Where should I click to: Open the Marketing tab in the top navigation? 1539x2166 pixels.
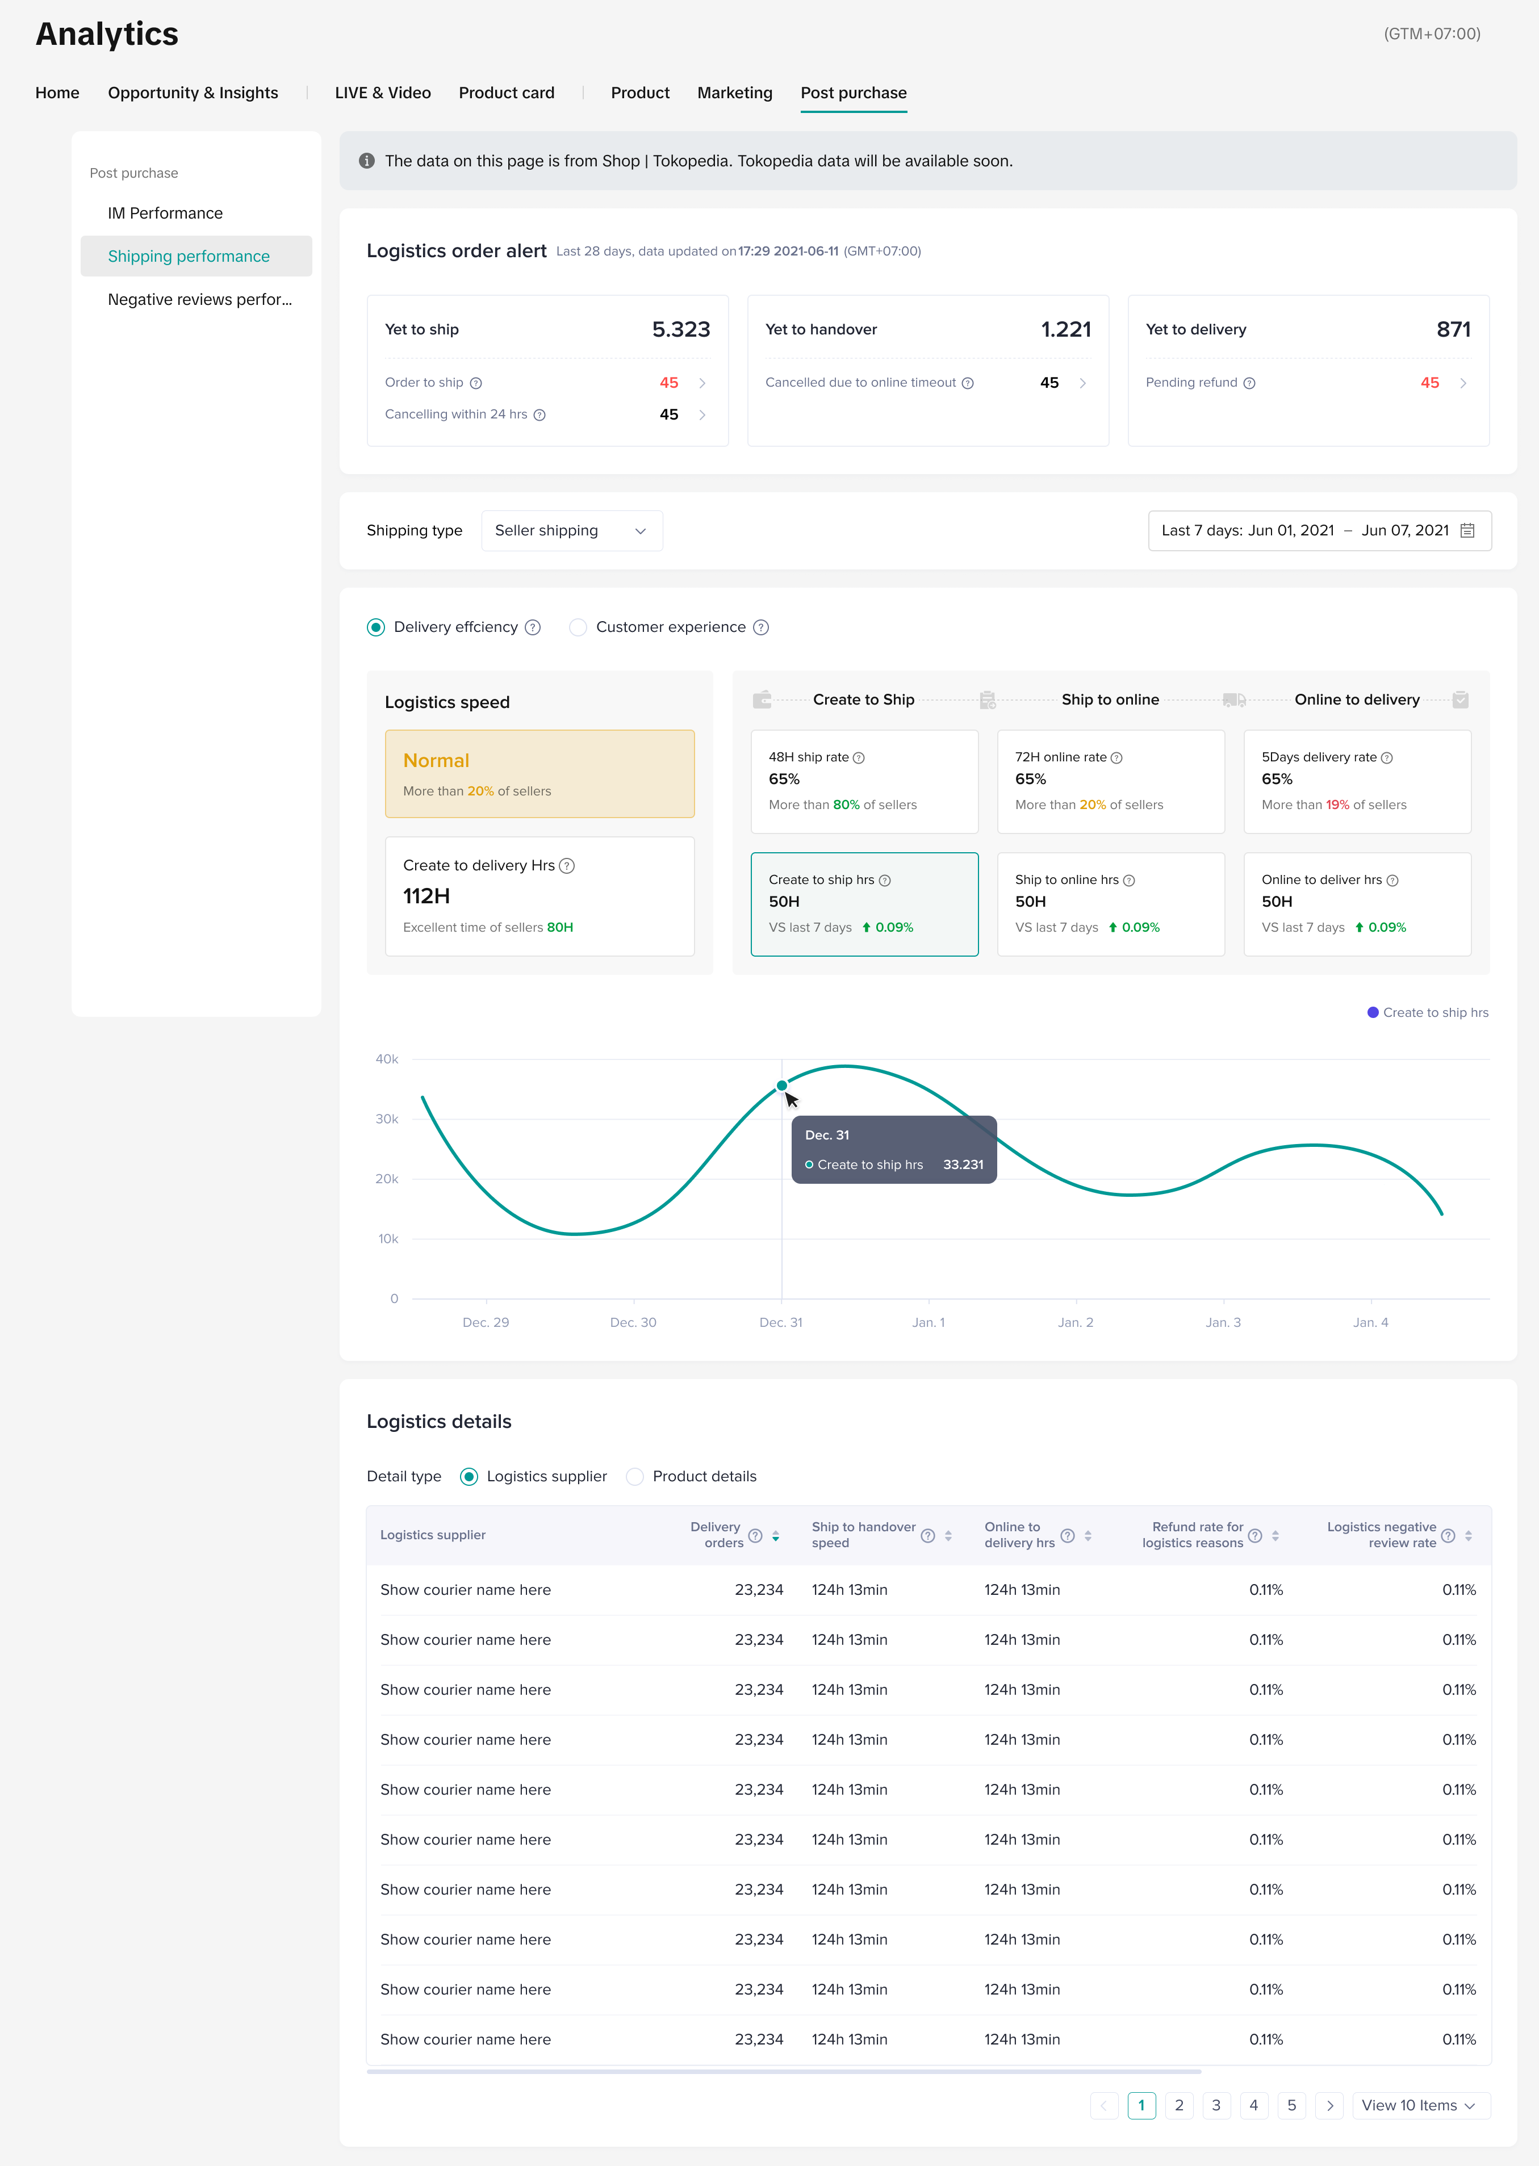(x=734, y=93)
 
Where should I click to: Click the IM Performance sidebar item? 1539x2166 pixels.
(x=165, y=213)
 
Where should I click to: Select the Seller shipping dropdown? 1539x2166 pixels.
(x=571, y=531)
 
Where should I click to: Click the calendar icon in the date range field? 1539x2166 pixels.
(x=1467, y=531)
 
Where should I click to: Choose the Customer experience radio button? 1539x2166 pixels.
(x=578, y=627)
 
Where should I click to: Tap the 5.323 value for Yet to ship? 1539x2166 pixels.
(x=680, y=330)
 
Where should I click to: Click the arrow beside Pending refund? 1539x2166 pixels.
(x=1463, y=383)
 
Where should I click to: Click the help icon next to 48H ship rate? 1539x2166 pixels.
(x=859, y=758)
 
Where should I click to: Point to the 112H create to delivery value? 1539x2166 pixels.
(x=426, y=896)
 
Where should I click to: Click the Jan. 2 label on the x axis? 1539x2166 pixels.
(x=1076, y=1323)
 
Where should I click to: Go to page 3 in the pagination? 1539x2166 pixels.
(x=1216, y=2105)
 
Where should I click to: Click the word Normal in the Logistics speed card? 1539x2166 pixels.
(x=436, y=761)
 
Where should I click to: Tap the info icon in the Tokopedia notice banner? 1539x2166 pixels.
(x=367, y=161)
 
